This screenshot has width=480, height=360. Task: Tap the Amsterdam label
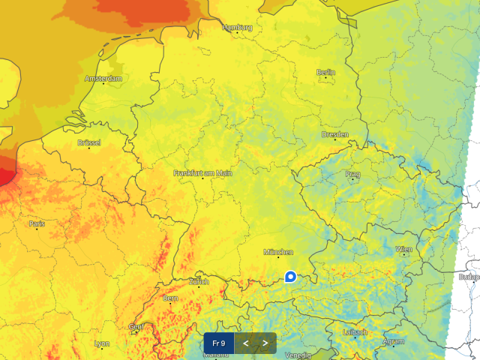pos(103,79)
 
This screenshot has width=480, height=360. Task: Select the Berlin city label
pos(325,73)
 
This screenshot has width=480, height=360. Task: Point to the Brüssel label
pos(89,142)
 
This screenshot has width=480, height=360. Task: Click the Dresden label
pos(334,135)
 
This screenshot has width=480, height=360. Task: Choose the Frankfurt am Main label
pos(202,173)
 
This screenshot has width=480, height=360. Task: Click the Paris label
pos(37,224)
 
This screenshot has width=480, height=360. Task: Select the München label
pos(278,253)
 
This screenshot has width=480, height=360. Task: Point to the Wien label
pos(403,249)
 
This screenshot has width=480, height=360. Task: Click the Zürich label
pos(199,282)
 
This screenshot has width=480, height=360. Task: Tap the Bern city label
pos(170,298)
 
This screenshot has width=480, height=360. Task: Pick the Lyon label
pos(101,344)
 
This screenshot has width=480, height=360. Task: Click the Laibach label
pos(355,332)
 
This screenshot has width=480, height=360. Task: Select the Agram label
pos(394,342)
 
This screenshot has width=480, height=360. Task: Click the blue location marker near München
pos(291,277)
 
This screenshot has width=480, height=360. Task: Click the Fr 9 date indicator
pos(219,343)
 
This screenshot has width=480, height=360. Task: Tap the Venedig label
pos(298,355)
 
